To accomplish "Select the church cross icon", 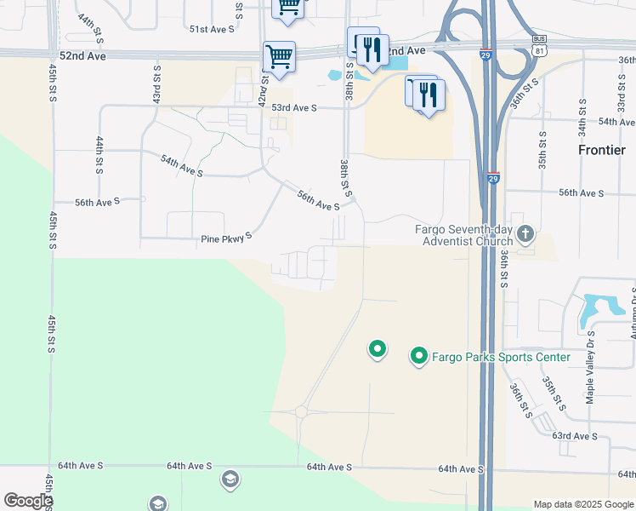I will pos(525,233).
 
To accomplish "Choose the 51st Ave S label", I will pos(211,29).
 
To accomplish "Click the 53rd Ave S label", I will pos(293,108).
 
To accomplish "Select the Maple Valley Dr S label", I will pos(590,372).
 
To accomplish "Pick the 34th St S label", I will pos(582,117).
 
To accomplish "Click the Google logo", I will pos(27,501).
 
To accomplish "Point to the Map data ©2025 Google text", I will pos(582,504).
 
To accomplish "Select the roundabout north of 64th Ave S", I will pos(300,411).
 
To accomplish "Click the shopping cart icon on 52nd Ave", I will pos(279,58).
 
